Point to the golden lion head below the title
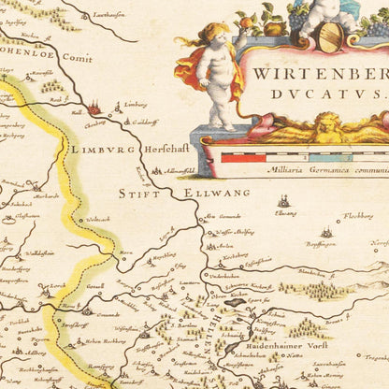pos(326,126)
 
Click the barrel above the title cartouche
pos(329,36)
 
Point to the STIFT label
pos(137,193)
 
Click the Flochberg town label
pos(359,215)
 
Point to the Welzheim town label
pos(39,252)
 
